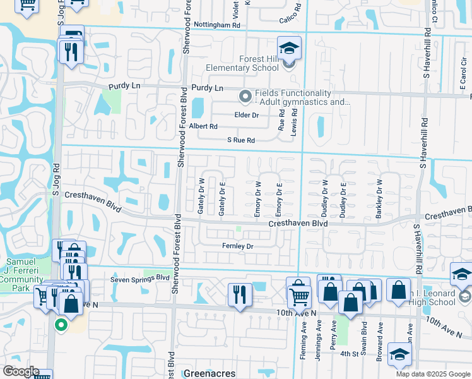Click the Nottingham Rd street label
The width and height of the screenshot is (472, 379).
218,25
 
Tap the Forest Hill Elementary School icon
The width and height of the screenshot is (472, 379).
289,48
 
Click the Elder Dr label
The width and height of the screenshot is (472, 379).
247,115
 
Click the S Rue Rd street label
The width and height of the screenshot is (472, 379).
241,140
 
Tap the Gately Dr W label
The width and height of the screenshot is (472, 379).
201,198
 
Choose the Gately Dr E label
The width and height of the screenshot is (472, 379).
221,198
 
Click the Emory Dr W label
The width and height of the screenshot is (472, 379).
257,199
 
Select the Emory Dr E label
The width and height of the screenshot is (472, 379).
278,199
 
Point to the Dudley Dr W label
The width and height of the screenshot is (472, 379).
326,199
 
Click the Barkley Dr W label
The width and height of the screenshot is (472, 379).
379,199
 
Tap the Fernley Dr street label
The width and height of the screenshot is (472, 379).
237,246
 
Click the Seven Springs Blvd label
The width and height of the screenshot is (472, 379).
140,278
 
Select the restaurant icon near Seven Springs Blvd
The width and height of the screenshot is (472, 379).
240,296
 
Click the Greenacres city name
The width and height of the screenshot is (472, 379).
209,373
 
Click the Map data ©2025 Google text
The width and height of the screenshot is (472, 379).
434,374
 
